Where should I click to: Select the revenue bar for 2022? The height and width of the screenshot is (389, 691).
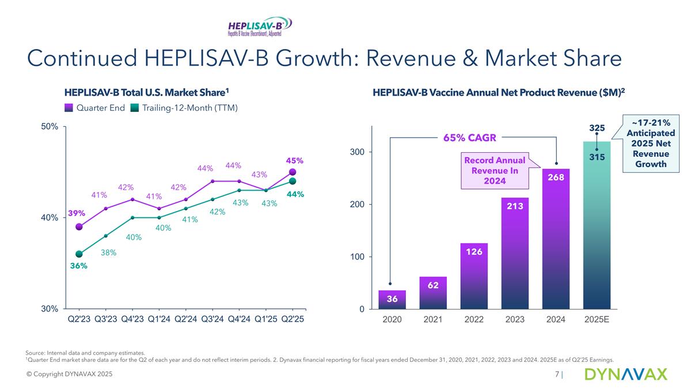click(474, 277)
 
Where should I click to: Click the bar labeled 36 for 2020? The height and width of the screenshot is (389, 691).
click(392, 300)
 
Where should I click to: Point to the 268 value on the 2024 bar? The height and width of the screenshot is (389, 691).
click(556, 177)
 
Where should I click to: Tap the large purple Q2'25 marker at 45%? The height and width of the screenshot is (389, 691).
click(293, 172)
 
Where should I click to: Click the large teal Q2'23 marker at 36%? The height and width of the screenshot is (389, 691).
click(79, 254)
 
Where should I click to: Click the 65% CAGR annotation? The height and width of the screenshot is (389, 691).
click(469, 138)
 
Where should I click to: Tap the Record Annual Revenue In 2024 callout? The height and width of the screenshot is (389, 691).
click(495, 171)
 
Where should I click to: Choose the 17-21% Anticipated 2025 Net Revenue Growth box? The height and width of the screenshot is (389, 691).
click(650, 141)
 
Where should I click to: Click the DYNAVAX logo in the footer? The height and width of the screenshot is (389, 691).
click(625, 375)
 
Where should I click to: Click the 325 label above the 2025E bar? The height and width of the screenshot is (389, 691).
click(597, 126)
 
